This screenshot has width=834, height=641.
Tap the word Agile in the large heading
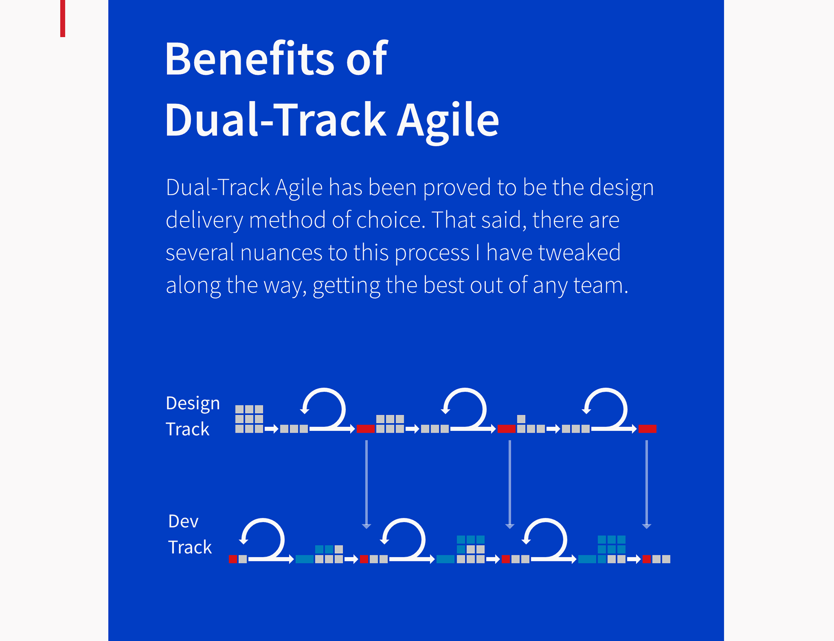pos(448,121)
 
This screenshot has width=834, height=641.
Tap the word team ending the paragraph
pos(601,286)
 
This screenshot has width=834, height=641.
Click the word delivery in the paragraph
pos(204,221)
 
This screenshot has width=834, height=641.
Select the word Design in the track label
pos(193,404)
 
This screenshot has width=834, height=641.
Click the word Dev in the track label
pos(183,521)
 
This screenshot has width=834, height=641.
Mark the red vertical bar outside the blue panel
pos(63,18)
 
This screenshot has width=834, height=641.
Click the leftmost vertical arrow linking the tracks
pos(367,484)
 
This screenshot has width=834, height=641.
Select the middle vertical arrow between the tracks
pos(510,484)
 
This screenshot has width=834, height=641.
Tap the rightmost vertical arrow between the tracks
pos(647,484)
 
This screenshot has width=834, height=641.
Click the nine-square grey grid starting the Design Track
pos(249,419)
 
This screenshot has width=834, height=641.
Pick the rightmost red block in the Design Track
pos(647,429)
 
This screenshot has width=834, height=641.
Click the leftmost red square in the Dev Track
pos(233,559)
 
